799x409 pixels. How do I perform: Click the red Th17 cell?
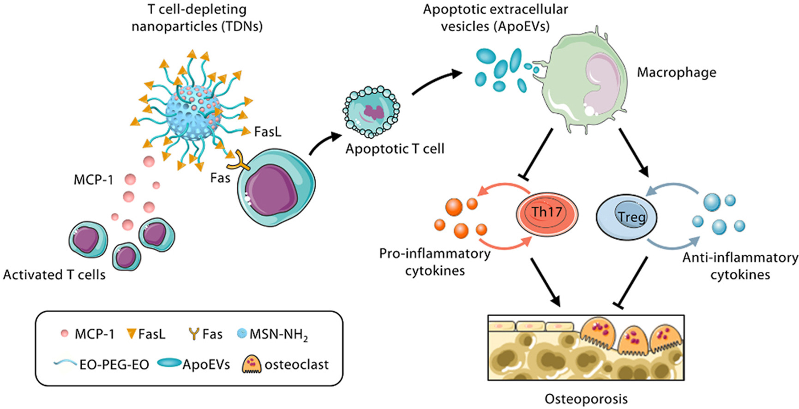tap(547, 213)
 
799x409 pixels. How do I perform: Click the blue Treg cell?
tap(627, 217)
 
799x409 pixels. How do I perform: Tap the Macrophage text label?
tap(676, 72)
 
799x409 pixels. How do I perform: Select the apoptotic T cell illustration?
tap(371, 111)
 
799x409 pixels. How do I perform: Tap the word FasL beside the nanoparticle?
tap(267, 132)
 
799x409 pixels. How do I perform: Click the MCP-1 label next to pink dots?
tap(93, 180)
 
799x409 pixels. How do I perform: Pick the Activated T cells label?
tap(54, 275)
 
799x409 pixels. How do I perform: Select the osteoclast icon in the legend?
tap(251, 364)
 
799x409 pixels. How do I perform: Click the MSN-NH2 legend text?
tap(278, 334)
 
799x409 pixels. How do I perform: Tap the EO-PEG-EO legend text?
tap(114, 365)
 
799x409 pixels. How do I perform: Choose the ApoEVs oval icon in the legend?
tap(169, 363)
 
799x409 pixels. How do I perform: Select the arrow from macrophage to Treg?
tap(633, 153)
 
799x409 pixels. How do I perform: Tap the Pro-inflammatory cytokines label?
tap(434, 262)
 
